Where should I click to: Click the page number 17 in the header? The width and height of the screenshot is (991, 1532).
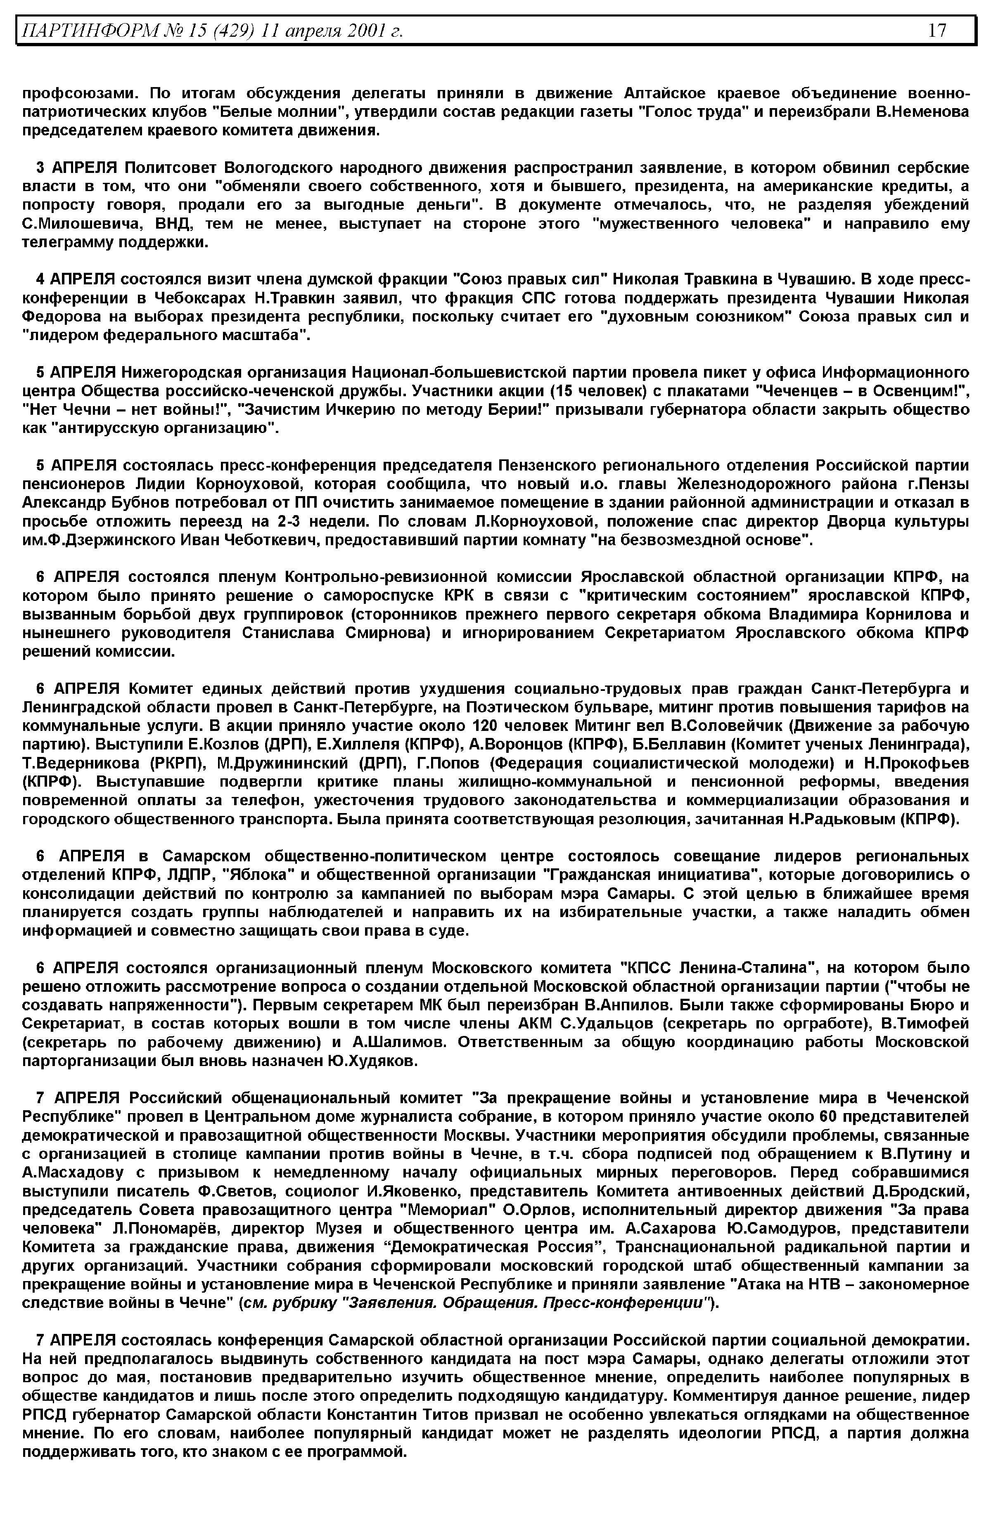point(938,30)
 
